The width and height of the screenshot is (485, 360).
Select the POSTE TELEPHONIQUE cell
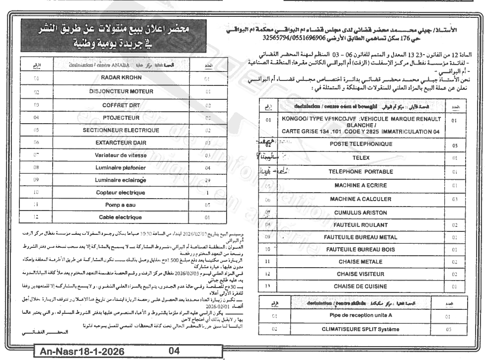[361, 144]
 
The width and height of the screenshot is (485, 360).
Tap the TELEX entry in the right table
[361, 158]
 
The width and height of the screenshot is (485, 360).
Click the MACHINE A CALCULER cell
[361, 199]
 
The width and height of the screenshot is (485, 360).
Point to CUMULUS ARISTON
[361, 213]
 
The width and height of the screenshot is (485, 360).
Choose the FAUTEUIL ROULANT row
[361, 224]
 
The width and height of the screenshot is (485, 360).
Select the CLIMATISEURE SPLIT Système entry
[361, 329]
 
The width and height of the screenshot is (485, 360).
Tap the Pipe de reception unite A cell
[361, 315]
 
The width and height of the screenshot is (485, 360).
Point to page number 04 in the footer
[174, 352]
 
